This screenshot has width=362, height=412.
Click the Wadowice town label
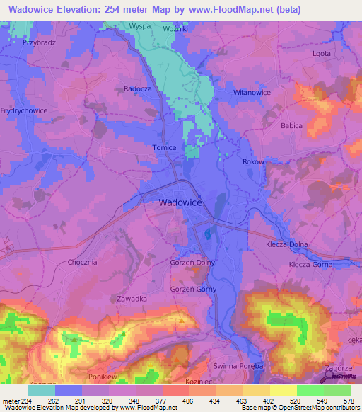pyautogui.click(x=180, y=202)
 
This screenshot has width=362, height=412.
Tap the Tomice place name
pyautogui.click(x=163, y=148)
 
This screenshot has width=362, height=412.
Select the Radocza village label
pyautogui.click(x=139, y=89)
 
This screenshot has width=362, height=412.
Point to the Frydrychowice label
pyautogui.click(x=25, y=111)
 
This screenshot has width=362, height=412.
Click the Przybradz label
pyautogui.click(x=39, y=42)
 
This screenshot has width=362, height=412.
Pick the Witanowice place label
pyautogui.click(x=252, y=93)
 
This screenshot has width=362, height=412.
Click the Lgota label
pyautogui.click(x=322, y=53)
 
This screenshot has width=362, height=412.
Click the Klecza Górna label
pyautogui.click(x=310, y=264)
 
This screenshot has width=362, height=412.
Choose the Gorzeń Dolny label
pyautogui.click(x=192, y=262)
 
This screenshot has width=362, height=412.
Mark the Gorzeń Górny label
pyautogui.click(x=193, y=290)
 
